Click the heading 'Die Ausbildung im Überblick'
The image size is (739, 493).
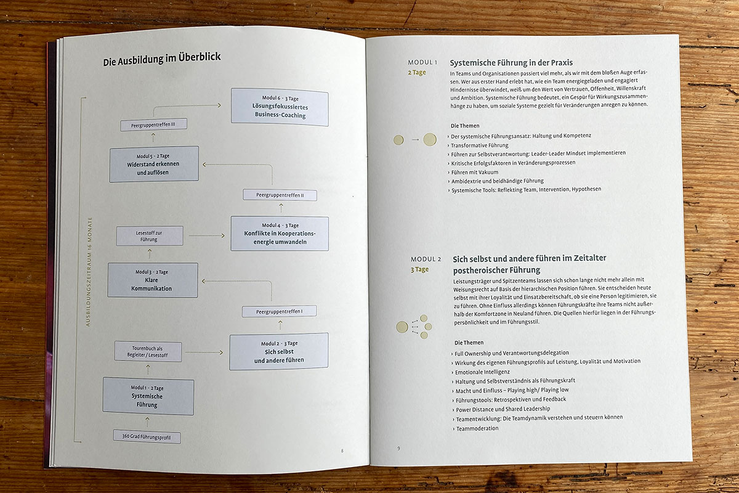tap(161, 60)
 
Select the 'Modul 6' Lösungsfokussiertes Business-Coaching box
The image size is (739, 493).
tap(280, 107)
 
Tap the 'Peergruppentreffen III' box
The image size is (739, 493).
tap(153, 124)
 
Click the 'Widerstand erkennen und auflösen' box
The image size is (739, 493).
tap(154, 164)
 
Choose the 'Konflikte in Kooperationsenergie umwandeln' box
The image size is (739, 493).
tap(279, 233)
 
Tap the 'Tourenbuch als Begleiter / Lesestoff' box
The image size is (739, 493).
tap(148, 351)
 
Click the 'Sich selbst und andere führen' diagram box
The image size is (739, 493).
tap(278, 351)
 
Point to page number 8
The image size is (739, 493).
tap(342, 450)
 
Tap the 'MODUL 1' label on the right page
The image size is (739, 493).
tap(422, 63)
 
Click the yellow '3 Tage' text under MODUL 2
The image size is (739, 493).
tap(419, 269)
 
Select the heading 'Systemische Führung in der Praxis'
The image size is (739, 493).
tap(511, 62)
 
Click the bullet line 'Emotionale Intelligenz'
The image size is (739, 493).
tap(482, 372)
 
